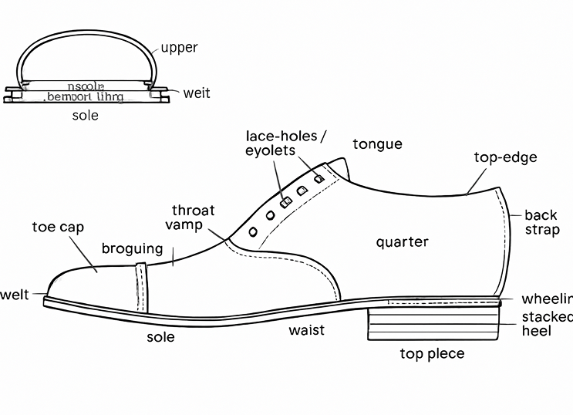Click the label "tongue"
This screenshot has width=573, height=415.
(377, 144)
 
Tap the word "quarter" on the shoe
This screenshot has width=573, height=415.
(402, 242)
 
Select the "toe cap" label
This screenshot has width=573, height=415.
(58, 228)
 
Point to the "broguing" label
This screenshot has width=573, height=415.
(133, 248)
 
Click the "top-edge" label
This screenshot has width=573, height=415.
(505, 158)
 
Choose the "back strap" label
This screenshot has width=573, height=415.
(542, 222)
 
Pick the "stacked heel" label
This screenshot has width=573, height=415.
(547, 324)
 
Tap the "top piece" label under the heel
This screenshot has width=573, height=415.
(432, 354)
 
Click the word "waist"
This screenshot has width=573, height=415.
(306, 330)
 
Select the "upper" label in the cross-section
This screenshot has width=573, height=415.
(179, 48)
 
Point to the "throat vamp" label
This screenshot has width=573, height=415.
(190, 218)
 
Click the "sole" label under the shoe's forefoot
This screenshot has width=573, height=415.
(160, 337)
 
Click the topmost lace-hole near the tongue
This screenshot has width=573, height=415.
(318, 177)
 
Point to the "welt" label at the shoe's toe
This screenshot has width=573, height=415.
(14, 294)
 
